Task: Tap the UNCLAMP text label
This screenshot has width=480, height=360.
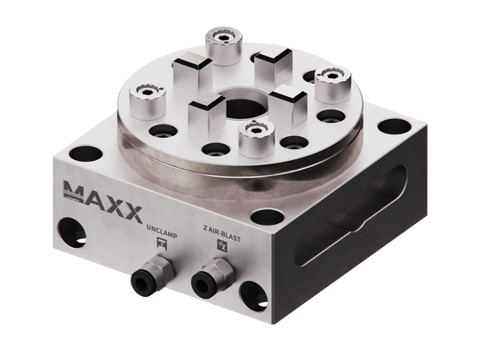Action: (x=163, y=228)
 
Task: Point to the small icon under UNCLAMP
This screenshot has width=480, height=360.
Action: (x=163, y=241)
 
